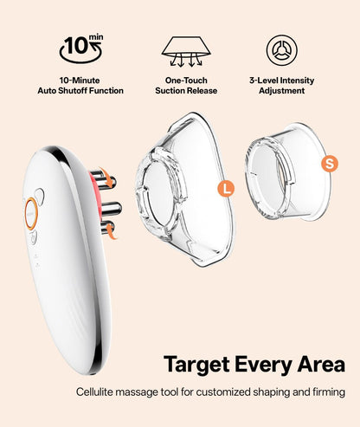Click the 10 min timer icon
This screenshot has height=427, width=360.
pos(80,49)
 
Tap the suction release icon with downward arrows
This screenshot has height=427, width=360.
pos(186,51)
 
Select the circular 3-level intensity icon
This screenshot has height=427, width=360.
pos(281,50)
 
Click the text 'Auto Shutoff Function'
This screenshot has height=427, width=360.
pos(80,91)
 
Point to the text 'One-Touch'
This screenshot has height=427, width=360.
pos(186,81)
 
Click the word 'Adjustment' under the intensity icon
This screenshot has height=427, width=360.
pos(281,91)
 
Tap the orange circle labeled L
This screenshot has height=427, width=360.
pos(226,189)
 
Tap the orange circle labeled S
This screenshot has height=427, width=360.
pos(330,164)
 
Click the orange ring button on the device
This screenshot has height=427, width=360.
pos(31,214)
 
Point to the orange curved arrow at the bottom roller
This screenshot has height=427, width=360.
pos(111,232)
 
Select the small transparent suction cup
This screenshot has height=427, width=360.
pos(288,171)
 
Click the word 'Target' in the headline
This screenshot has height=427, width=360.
pos(196,365)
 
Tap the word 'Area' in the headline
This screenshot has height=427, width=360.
pos(321,365)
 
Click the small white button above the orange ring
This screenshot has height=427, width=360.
pos(40,196)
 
